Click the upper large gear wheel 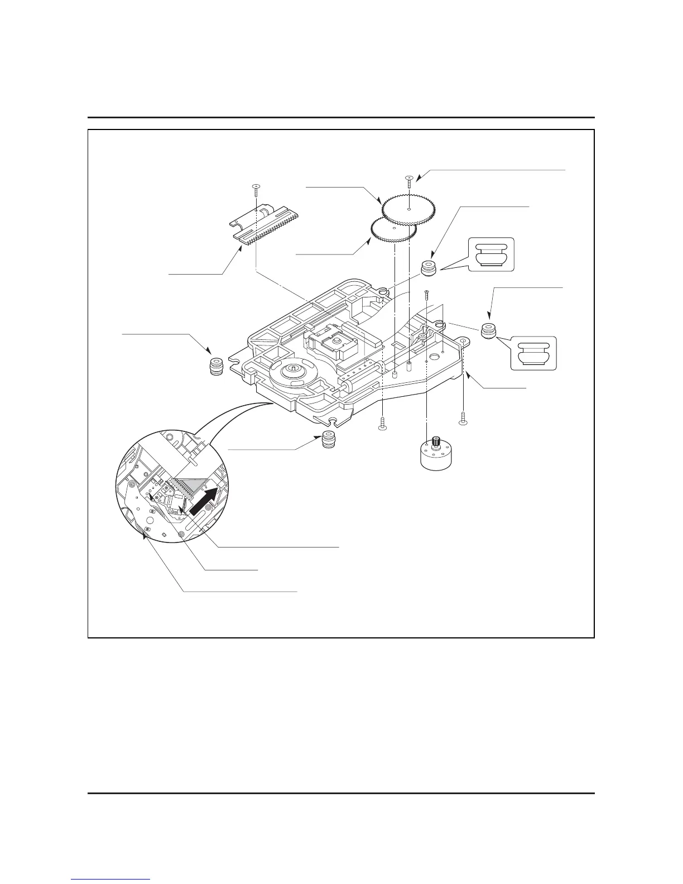coord(409,210)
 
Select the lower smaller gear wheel coord(394,229)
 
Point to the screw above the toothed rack coord(255,190)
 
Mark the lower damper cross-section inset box coord(533,353)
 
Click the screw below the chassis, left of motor coord(382,424)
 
